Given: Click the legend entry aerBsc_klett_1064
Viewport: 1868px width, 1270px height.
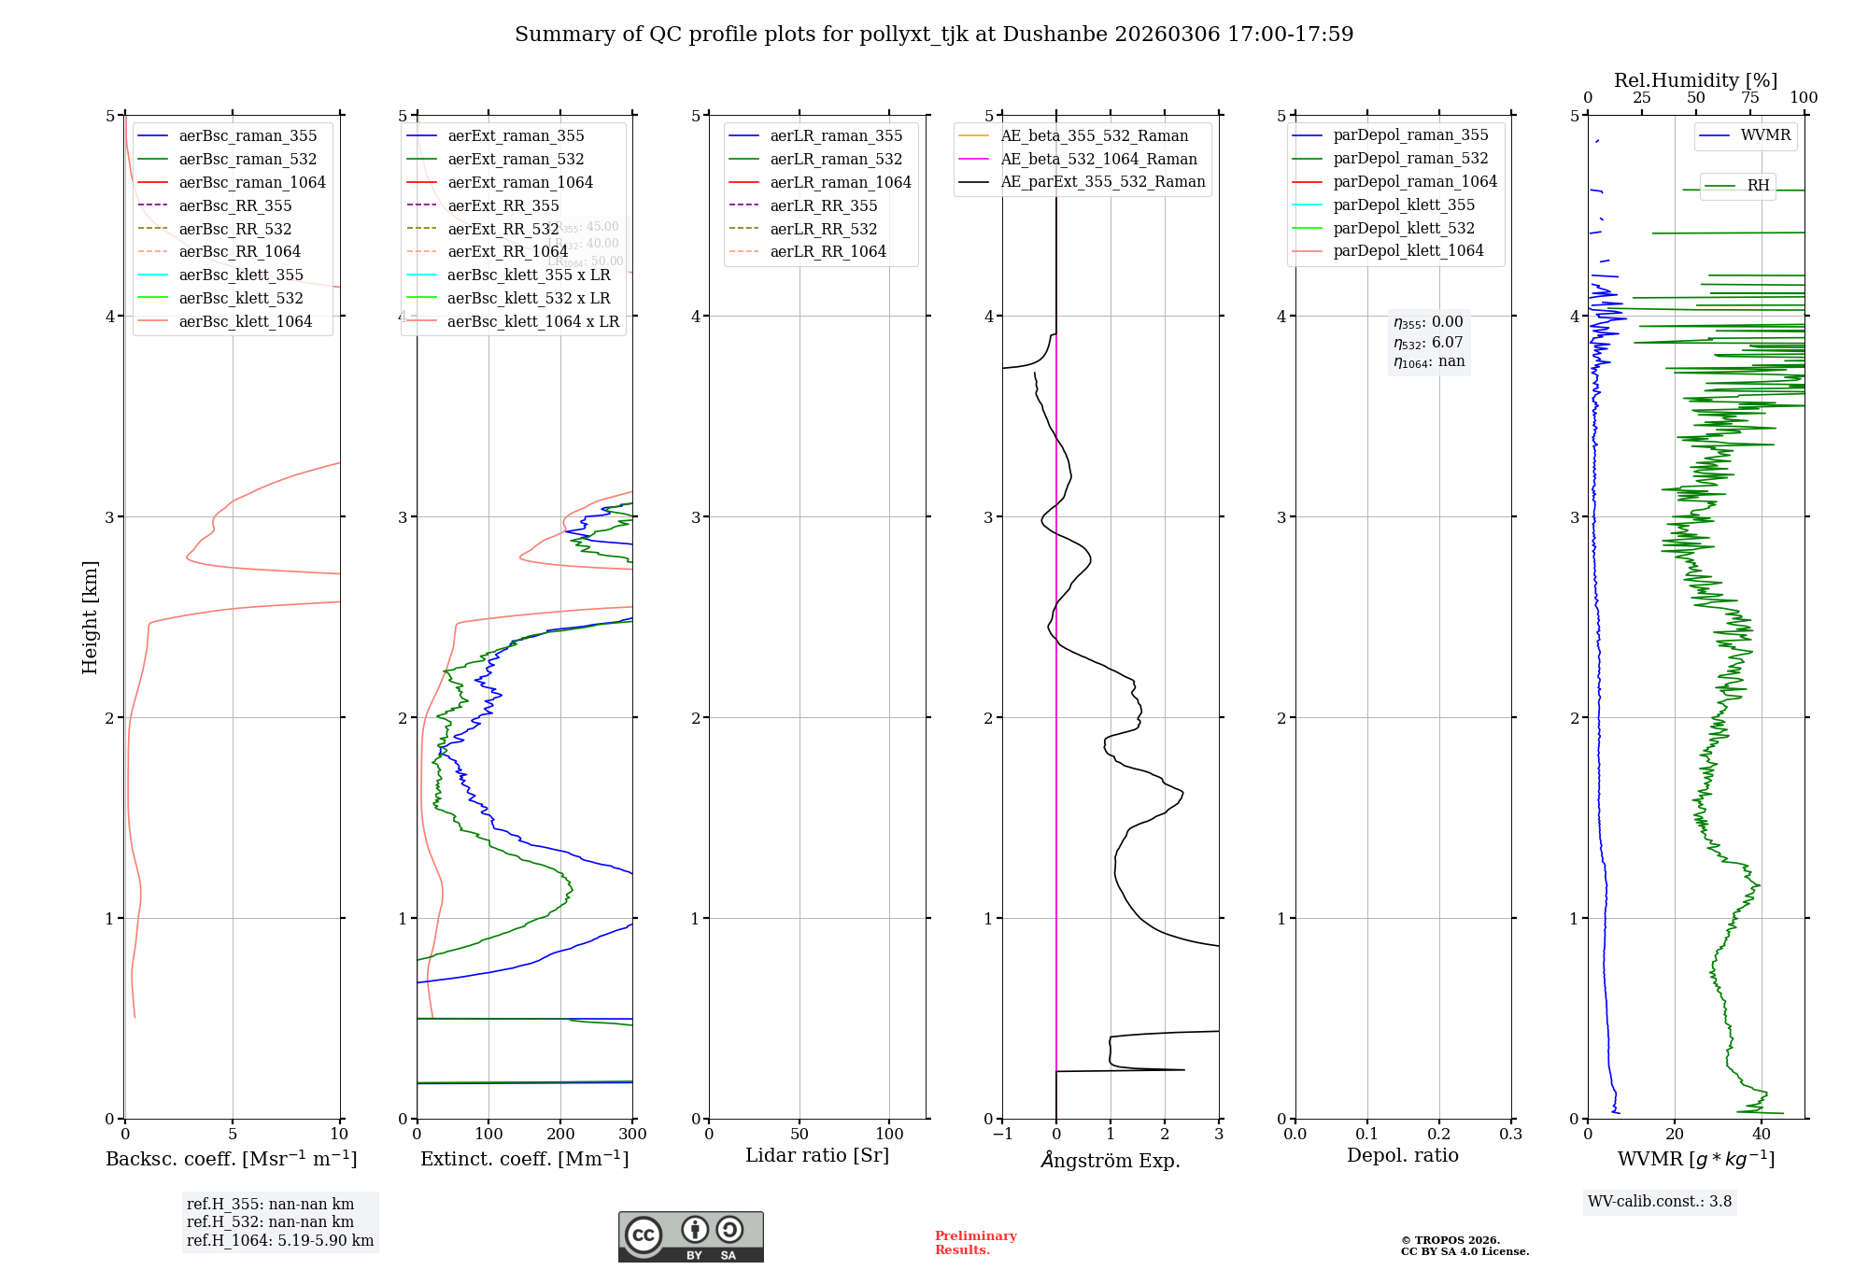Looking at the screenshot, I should [x=245, y=321].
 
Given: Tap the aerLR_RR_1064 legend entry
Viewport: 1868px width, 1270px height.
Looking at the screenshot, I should [x=828, y=251].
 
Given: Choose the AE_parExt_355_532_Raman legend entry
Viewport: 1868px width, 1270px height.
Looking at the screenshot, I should [x=1102, y=181].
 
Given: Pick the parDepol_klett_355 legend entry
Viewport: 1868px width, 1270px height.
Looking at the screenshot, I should [x=1404, y=205].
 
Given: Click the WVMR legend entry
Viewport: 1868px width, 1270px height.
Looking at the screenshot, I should [x=1765, y=135].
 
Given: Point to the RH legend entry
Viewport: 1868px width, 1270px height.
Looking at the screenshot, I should [x=1758, y=185].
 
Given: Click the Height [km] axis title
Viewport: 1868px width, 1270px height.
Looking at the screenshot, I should [x=90, y=617].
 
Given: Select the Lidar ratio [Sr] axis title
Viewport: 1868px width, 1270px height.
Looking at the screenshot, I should [x=817, y=1155].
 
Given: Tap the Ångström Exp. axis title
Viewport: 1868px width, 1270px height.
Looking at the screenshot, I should [x=1111, y=1160].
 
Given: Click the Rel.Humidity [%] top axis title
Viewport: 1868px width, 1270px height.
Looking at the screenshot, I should [x=1695, y=80].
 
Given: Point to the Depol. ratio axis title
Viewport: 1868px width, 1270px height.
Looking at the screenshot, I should [x=1402, y=1155].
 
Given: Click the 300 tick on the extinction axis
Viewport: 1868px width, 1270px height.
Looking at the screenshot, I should [x=632, y=1135].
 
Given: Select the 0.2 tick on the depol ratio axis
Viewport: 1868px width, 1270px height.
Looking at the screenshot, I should [x=1439, y=1135].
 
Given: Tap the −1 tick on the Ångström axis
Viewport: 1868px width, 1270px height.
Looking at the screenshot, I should [x=1002, y=1135].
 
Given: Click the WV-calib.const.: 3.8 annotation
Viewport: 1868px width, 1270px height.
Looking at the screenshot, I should [x=1660, y=1202].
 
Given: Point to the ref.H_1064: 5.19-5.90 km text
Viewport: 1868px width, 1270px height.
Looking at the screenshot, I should [x=280, y=1241].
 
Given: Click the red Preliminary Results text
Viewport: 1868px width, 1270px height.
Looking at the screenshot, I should [x=975, y=1243].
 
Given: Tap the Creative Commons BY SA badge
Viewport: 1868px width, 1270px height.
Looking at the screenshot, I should [x=690, y=1236].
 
